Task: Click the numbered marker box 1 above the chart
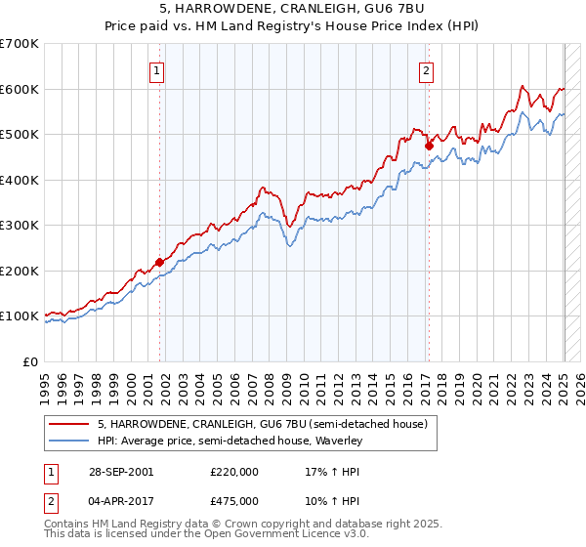[x=156, y=69]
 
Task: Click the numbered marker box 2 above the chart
[x=427, y=69]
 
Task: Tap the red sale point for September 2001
[x=160, y=262]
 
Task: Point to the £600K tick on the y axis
[x=21, y=89]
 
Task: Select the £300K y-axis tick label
[x=21, y=226]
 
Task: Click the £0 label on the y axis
[x=32, y=361]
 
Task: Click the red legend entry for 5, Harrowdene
[x=262, y=424]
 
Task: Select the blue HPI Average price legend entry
[x=230, y=442]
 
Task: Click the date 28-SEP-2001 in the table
[x=119, y=471]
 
